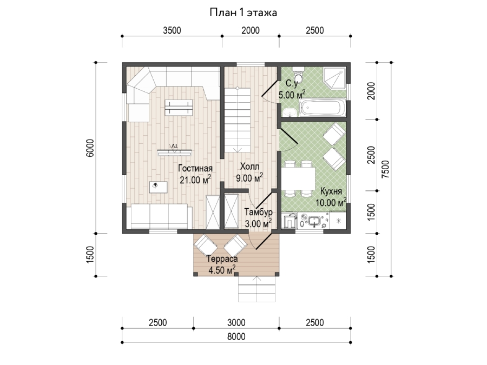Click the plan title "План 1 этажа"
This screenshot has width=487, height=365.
point(243,13)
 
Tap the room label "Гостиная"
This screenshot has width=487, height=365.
point(195,169)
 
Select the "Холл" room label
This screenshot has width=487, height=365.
point(249,167)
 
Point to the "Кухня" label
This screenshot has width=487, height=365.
point(331,191)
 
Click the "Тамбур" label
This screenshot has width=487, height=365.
point(259,213)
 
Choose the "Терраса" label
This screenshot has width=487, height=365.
point(222,259)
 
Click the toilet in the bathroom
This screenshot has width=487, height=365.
point(299,74)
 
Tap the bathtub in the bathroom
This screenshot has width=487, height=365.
point(323,108)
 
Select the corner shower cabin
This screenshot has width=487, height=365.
point(334,77)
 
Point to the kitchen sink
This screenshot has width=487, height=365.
point(314,221)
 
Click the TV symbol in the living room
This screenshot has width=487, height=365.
point(174,151)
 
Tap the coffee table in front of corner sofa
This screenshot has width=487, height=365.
point(179,108)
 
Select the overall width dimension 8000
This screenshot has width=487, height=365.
point(236,336)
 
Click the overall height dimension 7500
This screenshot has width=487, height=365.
point(385,169)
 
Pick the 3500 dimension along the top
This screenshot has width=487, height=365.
point(172,30)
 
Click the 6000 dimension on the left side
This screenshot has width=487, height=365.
point(90,148)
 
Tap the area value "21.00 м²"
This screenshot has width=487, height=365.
point(195,180)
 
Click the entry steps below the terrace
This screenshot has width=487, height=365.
point(257,289)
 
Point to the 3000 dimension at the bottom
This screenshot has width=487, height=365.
point(236,323)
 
